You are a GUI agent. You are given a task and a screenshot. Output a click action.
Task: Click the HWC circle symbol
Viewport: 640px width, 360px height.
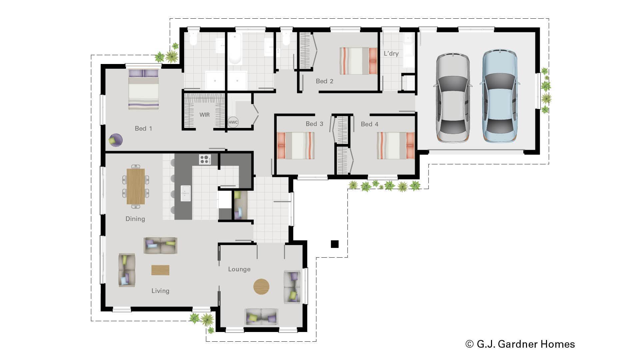tap(233, 122)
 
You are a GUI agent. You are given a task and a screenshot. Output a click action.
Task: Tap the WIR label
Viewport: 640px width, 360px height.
tap(205, 115)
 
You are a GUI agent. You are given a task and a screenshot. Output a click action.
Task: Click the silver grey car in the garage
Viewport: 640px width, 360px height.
tap(453, 97)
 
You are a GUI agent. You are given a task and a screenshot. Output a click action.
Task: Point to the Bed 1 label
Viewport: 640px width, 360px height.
tap(143, 128)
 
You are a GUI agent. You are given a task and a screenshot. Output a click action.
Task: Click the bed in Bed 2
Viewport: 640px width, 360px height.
tap(358, 61)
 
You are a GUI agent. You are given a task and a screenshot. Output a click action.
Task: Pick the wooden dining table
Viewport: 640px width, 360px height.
tap(136, 186)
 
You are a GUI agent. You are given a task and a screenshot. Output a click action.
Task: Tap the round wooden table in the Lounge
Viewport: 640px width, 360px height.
tap(261, 286)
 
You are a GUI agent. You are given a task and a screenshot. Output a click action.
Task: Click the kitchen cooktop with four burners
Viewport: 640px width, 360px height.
tap(205, 159)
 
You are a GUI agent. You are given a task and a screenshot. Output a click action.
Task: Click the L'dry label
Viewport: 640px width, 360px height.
tap(391, 53)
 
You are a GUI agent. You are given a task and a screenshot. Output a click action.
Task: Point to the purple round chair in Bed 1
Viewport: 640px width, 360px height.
tap(116, 140)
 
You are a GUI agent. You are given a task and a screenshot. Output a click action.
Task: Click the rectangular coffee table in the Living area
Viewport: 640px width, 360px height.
tap(160, 270)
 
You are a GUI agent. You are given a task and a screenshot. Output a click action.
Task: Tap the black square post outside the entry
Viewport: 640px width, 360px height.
tap(335, 244)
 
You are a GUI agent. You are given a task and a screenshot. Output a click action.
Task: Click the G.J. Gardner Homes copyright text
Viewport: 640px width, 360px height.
tap(520, 344)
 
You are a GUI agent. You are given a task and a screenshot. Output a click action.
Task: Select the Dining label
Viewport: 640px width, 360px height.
tap(135, 219)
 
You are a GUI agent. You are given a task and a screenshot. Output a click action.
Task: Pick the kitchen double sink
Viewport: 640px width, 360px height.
tap(186, 193)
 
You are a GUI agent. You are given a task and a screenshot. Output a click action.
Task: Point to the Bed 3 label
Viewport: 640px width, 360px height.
tap(314, 124)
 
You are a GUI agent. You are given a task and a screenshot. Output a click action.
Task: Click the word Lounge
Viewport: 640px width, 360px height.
tap(239, 269)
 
